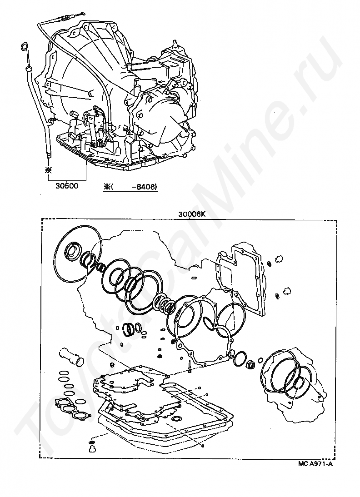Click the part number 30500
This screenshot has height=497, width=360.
(66, 186)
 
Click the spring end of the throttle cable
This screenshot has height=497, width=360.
(65, 19)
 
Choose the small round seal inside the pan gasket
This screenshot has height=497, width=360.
(177, 417)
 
